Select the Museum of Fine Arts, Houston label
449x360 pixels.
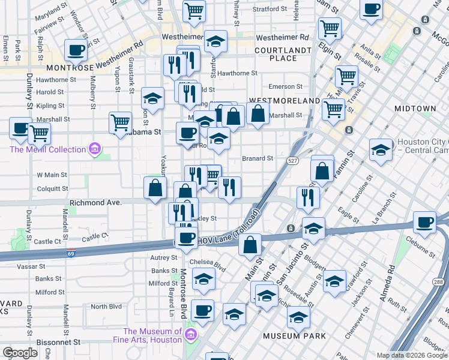(152, 335)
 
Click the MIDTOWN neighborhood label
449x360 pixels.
(415, 109)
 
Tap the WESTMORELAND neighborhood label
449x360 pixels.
(284, 100)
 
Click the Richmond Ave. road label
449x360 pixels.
(96, 203)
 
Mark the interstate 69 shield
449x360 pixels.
(71, 254)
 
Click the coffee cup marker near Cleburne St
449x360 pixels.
(425, 221)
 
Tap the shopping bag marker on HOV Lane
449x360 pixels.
(252, 244)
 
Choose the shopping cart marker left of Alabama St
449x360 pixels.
(121, 122)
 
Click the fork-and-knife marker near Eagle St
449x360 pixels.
(308, 197)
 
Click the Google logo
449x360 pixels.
(20, 353)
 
